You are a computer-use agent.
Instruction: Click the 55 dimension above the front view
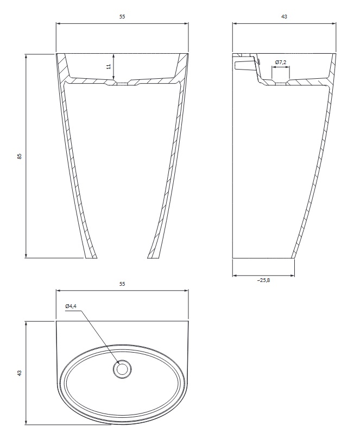(122, 16)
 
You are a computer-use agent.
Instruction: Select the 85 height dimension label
(20, 156)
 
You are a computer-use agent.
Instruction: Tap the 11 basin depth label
(108, 66)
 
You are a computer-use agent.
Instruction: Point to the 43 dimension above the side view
(284, 16)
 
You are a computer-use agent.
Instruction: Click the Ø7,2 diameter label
(281, 62)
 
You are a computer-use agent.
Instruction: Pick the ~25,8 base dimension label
(263, 280)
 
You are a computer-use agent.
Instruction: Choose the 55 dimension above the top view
(122, 284)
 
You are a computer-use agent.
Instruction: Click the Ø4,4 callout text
(71, 306)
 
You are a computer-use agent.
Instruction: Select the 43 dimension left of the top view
(20, 373)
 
